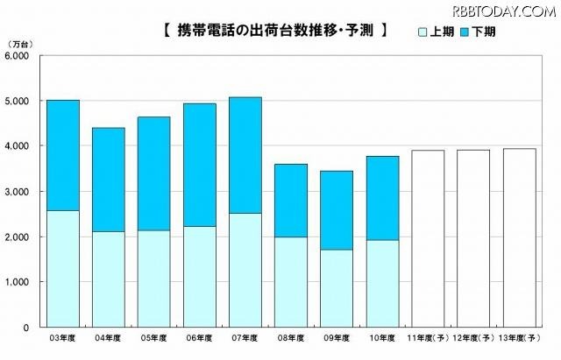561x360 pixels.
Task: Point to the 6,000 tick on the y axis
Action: tap(18, 56)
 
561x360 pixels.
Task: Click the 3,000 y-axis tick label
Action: tap(18, 192)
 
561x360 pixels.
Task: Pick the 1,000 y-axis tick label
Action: tap(18, 282)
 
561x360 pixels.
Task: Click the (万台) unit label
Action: tap(18, 44)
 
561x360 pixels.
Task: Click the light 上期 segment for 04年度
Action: tap(110, 279)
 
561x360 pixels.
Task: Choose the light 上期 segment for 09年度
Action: tap(337, 288)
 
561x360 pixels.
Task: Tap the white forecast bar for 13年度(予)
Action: tap(519, 237)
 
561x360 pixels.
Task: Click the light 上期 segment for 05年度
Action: tap(155, 279)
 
